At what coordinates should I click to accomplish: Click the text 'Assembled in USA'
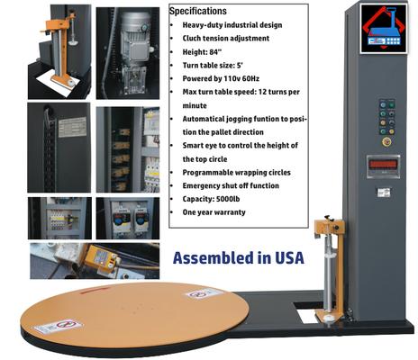(239, 257)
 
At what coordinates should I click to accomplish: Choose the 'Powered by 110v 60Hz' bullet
(223, 78)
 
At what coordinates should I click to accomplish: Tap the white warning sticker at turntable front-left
(58, 326)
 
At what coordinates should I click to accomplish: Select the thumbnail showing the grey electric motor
(127, 49)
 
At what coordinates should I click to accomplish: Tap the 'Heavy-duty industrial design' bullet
(233, 25)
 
